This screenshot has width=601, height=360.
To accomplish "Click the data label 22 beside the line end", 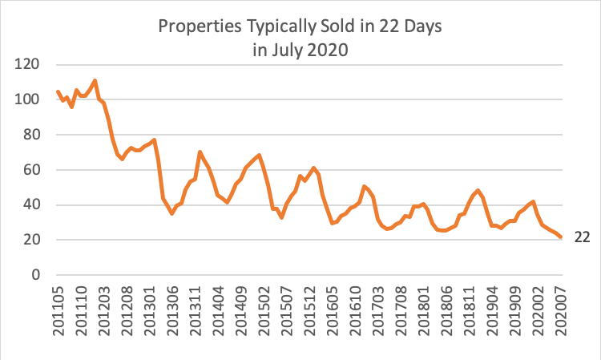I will tap(583, 237).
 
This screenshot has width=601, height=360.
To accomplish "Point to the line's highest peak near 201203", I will tap(95, 80).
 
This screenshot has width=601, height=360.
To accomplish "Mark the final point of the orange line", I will tap(561, 237).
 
